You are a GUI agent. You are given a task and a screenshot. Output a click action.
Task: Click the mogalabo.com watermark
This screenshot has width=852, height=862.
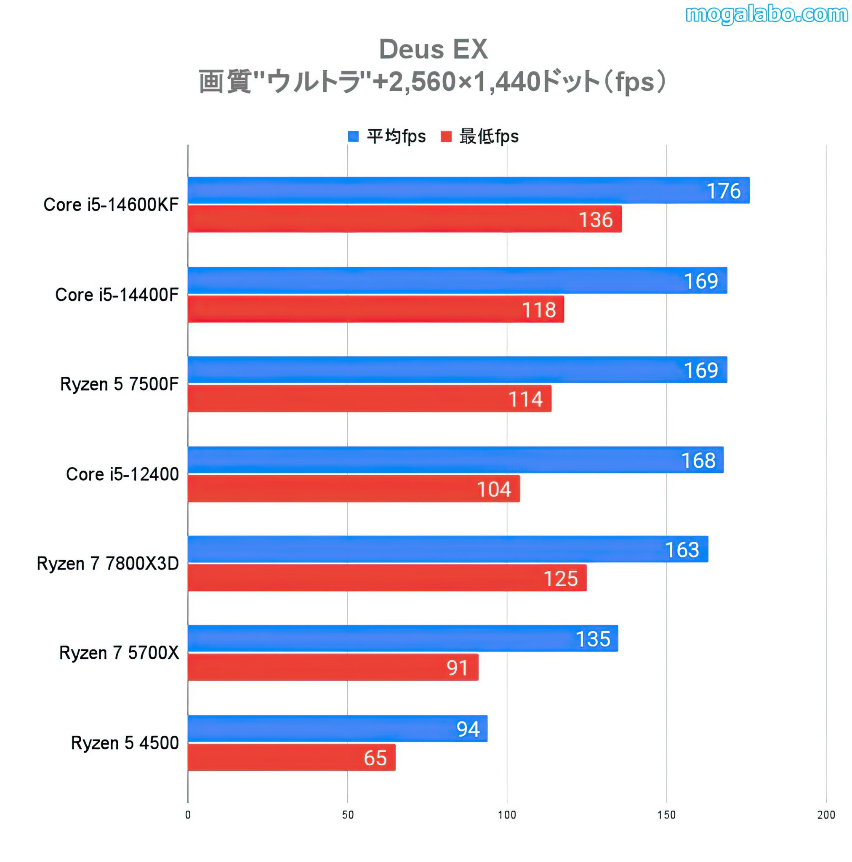click(766, 14)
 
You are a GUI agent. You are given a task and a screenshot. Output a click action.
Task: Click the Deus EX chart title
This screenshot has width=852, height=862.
click(432, 49)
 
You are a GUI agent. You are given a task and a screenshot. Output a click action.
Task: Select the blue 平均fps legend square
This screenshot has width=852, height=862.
click(353, 136)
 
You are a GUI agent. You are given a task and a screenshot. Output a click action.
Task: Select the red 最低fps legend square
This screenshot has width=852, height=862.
click(446, 136)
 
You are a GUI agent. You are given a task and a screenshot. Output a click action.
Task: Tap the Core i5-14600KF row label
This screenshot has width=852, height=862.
click(111, 205)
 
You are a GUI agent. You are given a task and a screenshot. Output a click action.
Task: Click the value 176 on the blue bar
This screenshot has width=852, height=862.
click(723, 191)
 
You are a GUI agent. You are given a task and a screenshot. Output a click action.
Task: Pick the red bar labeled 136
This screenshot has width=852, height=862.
click(404, 219)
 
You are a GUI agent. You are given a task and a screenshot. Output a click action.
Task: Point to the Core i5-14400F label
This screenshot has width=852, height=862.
click(117, 295)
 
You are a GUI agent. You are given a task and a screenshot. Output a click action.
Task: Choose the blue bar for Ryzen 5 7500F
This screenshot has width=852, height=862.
click(457, 370)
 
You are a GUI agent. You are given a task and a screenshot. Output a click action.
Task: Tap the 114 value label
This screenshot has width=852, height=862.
click(525, 399)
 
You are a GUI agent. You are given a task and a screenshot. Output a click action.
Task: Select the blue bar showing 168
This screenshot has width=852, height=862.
click(455, 460)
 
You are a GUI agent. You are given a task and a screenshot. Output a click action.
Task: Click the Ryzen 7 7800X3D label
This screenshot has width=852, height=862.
click(108, 564)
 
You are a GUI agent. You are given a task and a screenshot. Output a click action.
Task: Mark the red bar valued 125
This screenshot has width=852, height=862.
click(386, 578)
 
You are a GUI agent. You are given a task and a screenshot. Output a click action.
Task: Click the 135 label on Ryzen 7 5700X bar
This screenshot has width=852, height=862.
click(592, 639)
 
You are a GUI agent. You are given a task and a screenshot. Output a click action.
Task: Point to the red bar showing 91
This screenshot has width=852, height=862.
click(333, 668)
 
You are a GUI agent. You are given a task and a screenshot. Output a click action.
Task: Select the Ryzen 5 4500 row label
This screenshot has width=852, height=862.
click(125, 743)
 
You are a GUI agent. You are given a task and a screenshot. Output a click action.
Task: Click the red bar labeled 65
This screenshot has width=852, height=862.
click(291, 758)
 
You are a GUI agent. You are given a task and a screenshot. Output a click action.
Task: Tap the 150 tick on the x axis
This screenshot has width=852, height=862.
click(666, 815)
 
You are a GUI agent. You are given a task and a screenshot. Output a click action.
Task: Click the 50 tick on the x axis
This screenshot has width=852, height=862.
click(347, 815)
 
